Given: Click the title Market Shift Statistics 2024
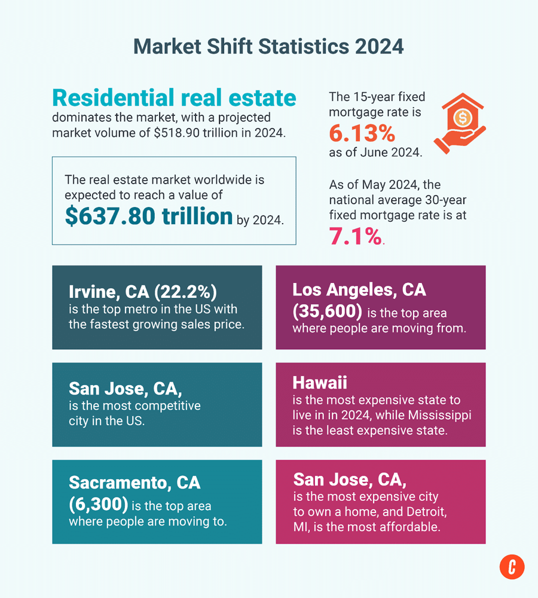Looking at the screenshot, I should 268,46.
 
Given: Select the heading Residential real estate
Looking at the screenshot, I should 174,97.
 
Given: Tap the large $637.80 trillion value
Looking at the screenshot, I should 149,216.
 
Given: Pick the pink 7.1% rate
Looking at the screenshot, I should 355,237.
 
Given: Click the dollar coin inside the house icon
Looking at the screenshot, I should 462,118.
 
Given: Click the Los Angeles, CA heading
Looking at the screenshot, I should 359,290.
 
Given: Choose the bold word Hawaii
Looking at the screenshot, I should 320,383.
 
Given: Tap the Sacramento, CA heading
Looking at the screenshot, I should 134,482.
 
